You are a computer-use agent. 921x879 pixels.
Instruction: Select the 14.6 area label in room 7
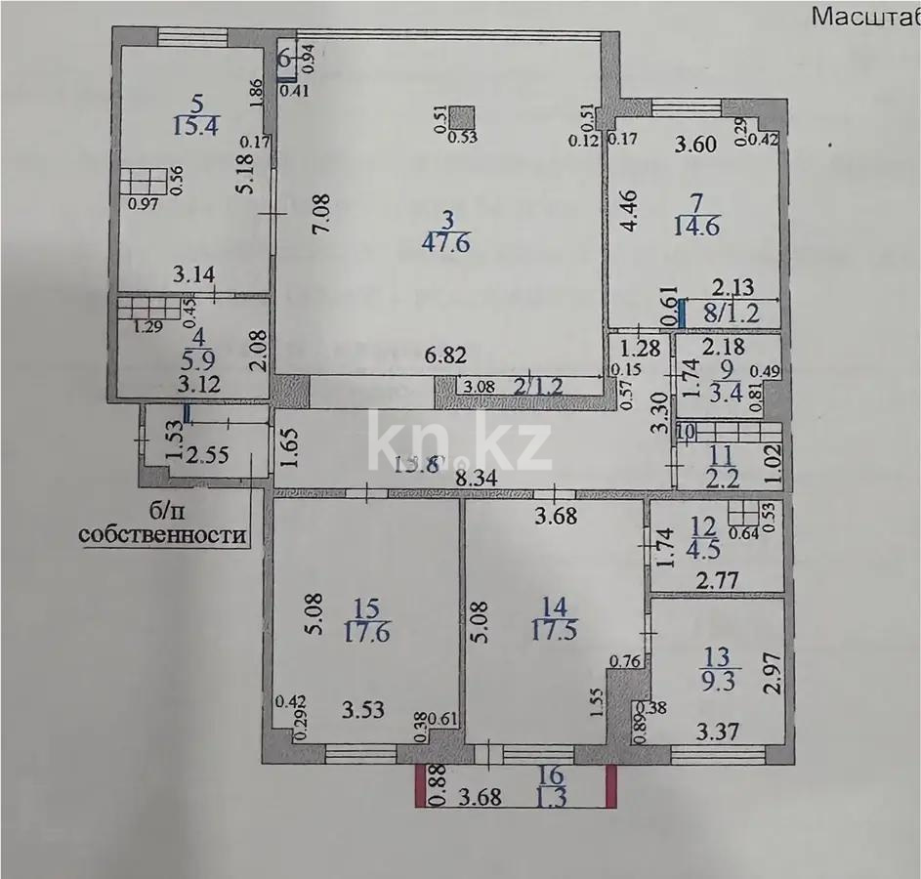tap(696, 227)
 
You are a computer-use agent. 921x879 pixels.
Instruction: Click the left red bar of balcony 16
tap(420, 786)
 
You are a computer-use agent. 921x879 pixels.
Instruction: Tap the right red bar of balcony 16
tap(612, 786)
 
